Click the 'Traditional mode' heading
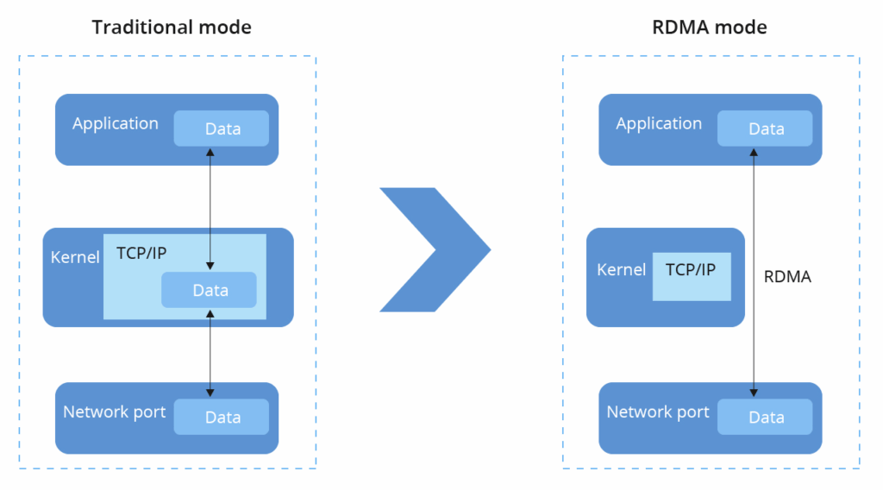pyautogui.click(x=172, y=27)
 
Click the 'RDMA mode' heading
pyautogui.click(x=710, y=27)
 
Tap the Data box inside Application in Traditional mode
pyautogui.click(x=222, y=129)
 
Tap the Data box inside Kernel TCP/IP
pyautogui.click(x=210, y=290)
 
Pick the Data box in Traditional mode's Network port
pyautogui.click(x=222, y=417)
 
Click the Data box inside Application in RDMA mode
pyautogui.click(x=766, y=129)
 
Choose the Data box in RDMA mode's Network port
pyautogui.click(x=766, y=417)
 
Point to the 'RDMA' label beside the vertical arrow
pyautogui.click(x=788, y=277)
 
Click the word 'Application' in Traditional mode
pyautogui.click(x=115, y=123)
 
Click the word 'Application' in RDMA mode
pyautogui.click(x=659, y=123)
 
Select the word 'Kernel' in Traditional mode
pyautogui.click(x=74, y=257)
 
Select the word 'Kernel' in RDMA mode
pyautogui.click(x=621, y=270)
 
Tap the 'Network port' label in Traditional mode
pyautogui.click(x=114, y=411)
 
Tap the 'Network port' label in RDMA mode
pyautogui.click(x=658, y=411)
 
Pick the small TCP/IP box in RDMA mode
pyautogui.click(x=691, y=276)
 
